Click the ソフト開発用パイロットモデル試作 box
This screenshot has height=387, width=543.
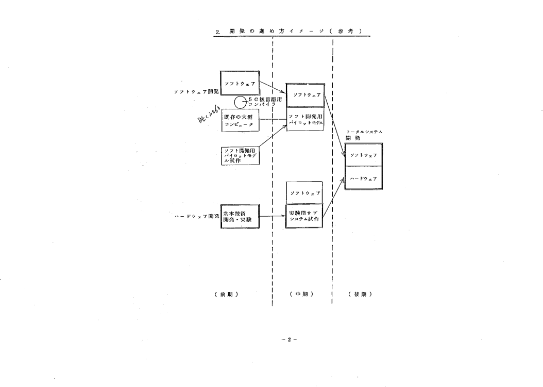click(239, 154)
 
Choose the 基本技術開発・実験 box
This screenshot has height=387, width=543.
click(239, 218)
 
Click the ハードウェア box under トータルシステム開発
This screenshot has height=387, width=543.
click(363, 178)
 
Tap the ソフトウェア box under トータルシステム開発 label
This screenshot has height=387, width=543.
click(363, 155)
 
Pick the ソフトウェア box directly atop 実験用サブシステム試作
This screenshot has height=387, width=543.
click(304, 192)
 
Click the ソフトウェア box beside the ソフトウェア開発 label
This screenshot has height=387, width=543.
click(239, 83)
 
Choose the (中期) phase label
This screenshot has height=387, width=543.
click(302, 295)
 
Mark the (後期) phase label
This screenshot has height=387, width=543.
click(361, 295)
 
